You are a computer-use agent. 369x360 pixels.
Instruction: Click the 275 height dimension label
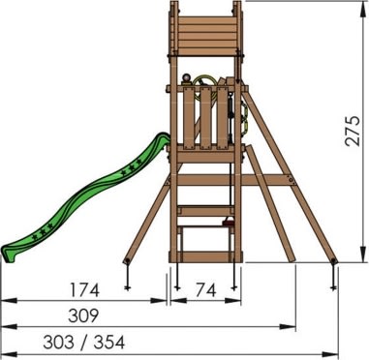(353, 131)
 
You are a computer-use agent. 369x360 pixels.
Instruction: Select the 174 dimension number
(85, 289)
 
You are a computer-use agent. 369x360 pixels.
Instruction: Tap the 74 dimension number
(205, 290)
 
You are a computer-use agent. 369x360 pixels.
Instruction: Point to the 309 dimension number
(83, 315)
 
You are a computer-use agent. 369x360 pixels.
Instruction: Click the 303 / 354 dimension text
(84, 342)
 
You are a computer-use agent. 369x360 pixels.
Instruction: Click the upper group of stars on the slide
(132, 167)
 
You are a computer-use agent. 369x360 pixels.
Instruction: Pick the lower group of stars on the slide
(43, 231)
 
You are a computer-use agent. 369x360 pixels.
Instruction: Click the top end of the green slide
(164, 136)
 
